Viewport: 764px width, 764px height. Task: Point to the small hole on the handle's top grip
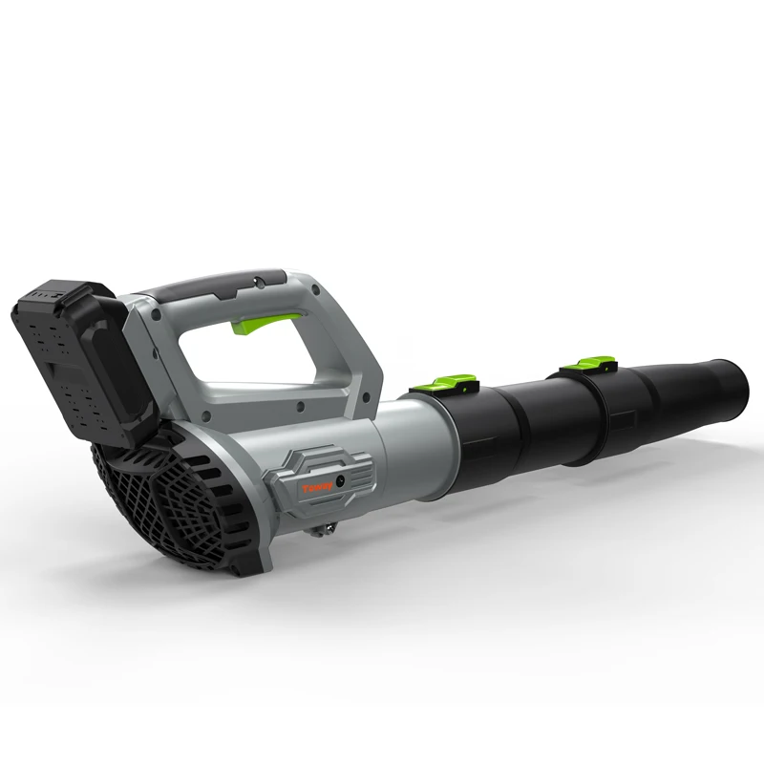tap(260, 281)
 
